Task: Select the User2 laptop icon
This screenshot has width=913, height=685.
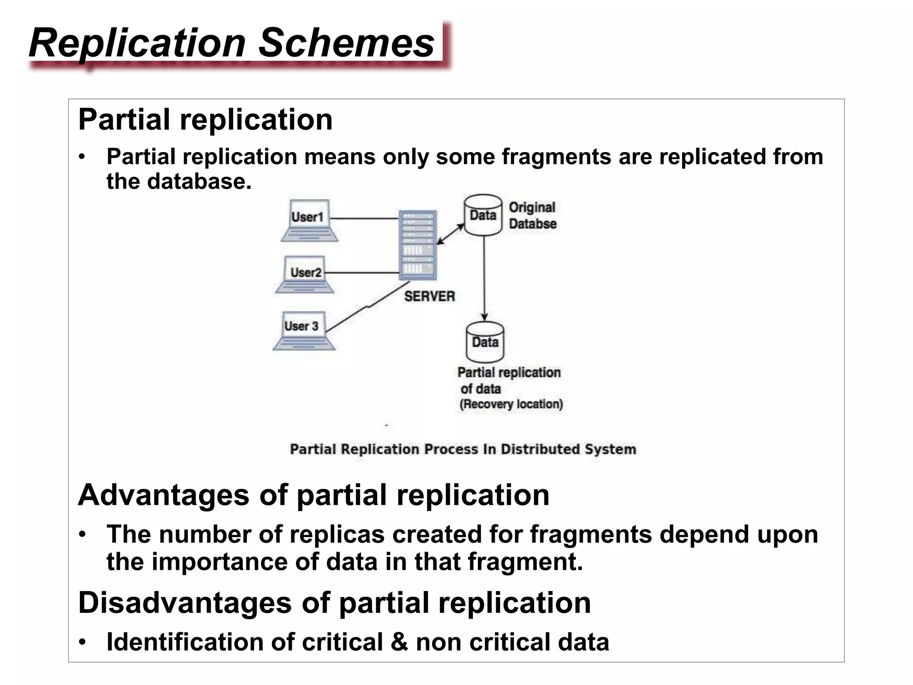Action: [x=305, y=274]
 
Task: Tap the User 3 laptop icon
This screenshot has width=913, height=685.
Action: [x=303, y=330]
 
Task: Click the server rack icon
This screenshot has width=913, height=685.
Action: [x=418, y=245]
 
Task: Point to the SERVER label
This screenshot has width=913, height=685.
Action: [x=429, y=297]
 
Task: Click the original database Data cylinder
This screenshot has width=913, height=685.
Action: [x=483, y=215]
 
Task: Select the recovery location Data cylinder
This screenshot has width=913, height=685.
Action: [x=485, y=342]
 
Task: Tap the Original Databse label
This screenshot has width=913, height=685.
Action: [x=532, y=216]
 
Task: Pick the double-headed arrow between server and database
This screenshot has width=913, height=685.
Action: [x=450, y=234]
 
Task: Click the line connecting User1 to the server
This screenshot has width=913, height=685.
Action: [x=364, y=219]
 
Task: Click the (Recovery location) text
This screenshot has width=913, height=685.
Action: [x=511, y=404]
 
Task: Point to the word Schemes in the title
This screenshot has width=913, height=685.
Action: [x=346, y=43]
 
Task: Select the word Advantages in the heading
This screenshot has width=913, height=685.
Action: [x=164, y=495]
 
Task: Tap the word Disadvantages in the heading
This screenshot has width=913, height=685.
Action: [x=185, y=603]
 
